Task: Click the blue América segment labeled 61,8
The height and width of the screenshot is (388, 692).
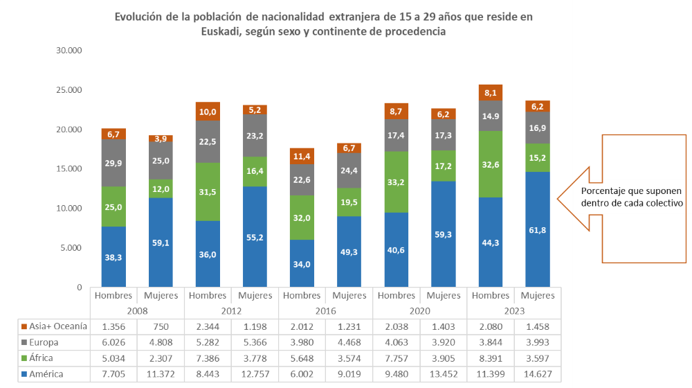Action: click(537, 229)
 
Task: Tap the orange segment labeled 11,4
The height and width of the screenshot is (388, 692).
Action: click(302, 157)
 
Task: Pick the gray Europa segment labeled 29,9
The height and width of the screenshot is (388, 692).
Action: click(113, 164)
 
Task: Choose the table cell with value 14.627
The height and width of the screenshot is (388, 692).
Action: click(537, 374)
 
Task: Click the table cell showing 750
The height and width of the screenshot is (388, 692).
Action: click(161, 326)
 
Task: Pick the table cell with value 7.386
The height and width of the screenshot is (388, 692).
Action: click(208, 358)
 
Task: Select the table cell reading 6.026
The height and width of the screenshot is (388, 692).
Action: click(113, 342)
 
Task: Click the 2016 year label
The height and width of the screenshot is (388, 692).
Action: click(325, 311)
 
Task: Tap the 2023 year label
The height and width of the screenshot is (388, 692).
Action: click(513, 311)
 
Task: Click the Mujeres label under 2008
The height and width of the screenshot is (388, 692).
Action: click(161, 296)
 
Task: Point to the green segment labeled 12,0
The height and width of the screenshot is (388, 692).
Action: click(161, 189)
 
